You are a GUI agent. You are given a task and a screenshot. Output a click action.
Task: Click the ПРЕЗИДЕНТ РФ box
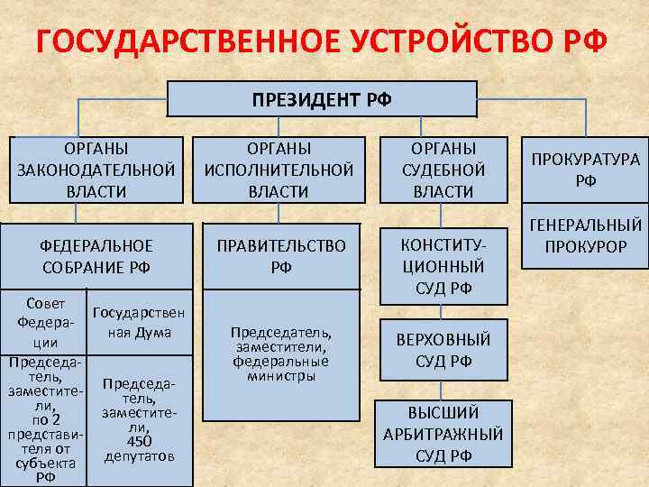point(322,99)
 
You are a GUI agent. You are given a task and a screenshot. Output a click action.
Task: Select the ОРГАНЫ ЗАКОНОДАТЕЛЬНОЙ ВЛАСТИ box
point(96,169)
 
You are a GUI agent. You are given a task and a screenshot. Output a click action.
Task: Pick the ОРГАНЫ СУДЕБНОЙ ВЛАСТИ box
point(443,169)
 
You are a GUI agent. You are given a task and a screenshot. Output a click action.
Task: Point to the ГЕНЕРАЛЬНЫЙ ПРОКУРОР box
point(585,235)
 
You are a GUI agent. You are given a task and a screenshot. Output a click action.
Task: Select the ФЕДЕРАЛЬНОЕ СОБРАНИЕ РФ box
point(96,255)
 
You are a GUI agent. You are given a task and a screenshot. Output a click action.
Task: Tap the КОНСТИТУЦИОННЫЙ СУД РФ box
point(443,265)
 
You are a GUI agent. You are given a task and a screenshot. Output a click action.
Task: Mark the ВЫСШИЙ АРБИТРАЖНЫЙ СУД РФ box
point(443,433)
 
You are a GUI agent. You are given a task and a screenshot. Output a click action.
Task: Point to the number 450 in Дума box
point(139,441)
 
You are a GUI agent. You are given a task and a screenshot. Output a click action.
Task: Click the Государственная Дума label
point(139,323)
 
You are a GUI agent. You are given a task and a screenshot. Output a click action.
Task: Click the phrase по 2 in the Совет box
point(45,419)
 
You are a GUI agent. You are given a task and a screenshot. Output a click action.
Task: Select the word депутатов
point(139,455)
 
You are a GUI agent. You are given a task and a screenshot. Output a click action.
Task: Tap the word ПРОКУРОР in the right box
point(585,245)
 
